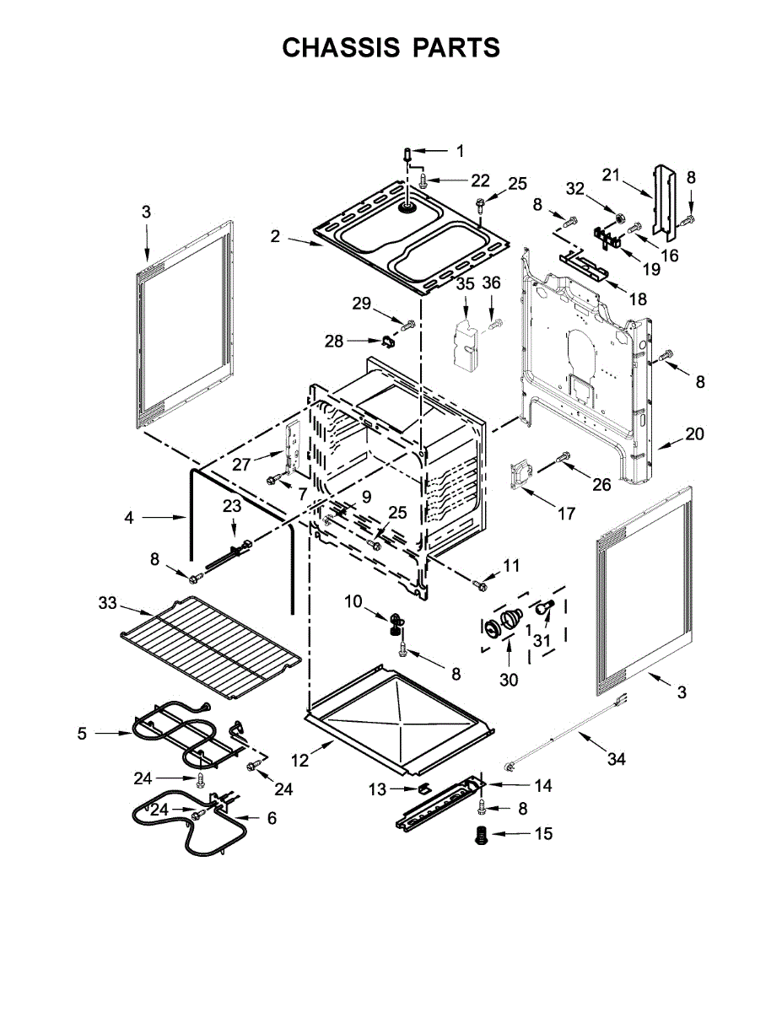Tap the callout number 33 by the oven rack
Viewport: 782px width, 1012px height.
pos(107,603)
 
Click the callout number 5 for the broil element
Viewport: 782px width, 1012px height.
pos(82,734)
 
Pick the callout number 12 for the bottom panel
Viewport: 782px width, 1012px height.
pos(299,760)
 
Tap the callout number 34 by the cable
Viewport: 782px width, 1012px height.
pos(617,759)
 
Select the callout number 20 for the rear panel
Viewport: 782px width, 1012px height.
pos(693,434)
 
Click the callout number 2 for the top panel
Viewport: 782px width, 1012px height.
pos(275,237)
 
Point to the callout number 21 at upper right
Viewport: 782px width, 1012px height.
pos(611,175)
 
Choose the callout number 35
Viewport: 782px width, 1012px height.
pos(466,284)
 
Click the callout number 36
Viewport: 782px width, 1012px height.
pos(492,284)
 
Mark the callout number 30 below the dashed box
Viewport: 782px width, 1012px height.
pos(509,681)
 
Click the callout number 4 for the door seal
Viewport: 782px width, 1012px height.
pos(128,518)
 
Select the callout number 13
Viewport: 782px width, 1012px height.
pos(377,789)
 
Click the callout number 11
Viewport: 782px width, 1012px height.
pos(512,564)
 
